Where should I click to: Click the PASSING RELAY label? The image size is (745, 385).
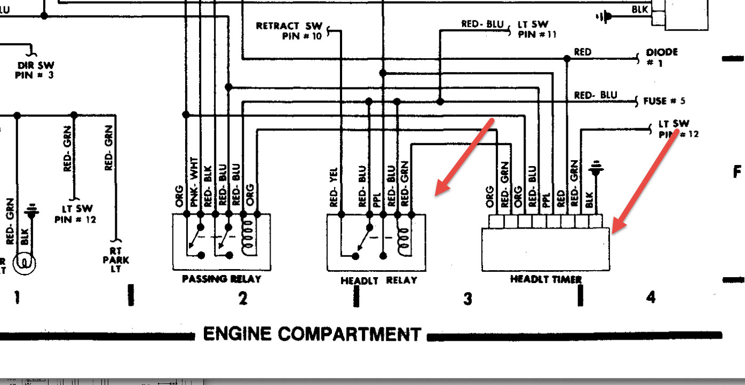(221, 279)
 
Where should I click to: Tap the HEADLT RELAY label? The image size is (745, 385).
(379, 280)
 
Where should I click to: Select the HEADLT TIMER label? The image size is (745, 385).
(546, 279)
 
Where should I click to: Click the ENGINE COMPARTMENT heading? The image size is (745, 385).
(312, 334)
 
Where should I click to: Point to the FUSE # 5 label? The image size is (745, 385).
(664, 101)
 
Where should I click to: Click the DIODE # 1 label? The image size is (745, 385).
(662, 57)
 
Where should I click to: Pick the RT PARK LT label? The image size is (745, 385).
(116, 260)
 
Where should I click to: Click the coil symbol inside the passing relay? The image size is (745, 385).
(249, 238)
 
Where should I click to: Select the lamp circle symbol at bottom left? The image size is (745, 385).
(25, 263)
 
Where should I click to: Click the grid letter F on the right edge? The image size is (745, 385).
(737, 172)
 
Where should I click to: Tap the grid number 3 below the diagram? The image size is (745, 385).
(467, 298)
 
